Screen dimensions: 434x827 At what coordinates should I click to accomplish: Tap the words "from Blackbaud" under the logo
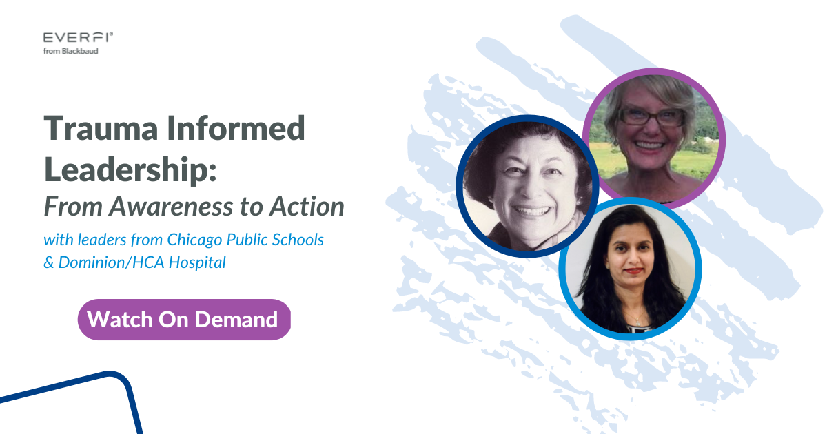point(70,50)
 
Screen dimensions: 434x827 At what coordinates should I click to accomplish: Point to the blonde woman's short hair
point(651,90)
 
